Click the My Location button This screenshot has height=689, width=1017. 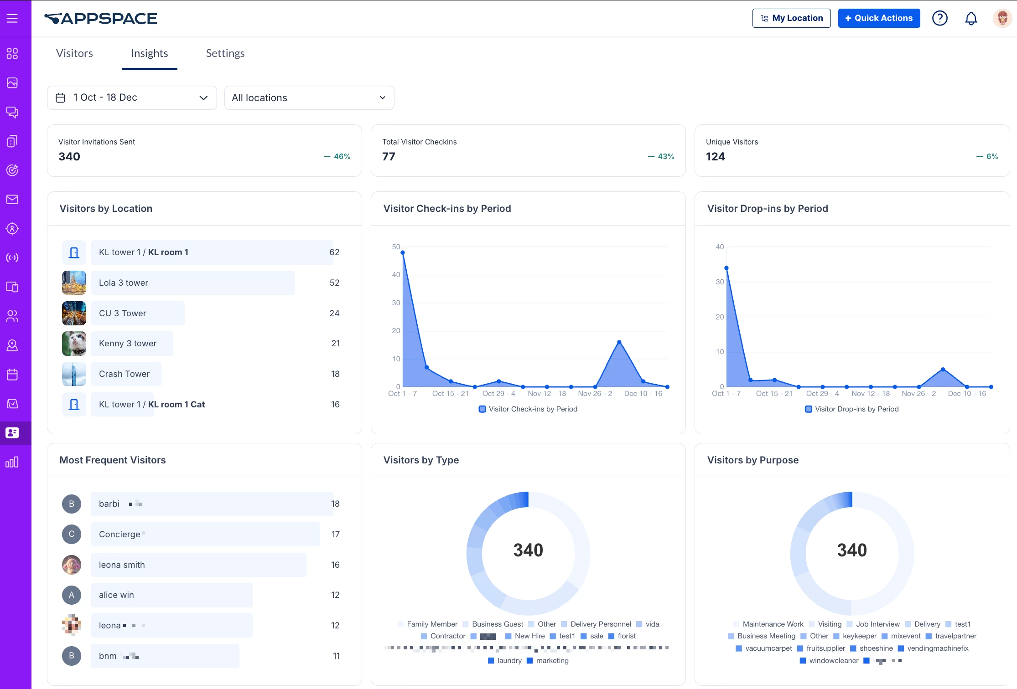(x=791, y=18)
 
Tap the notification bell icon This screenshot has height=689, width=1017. (x=971, y=18)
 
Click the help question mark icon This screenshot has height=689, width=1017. (x=939, y=18)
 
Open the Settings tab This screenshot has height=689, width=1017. (x=225, y=53)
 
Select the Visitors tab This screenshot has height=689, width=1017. (x=74, y=53)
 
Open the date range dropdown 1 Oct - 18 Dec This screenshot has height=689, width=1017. (x=132, y=98)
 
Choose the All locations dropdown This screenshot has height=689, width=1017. (x=309, y=98)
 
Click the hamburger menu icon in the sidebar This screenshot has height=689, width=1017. (x=12, y=18)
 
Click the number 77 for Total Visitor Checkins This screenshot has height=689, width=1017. (x=389, y=157)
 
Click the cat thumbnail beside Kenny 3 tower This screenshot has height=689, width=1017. (x=74, y=344)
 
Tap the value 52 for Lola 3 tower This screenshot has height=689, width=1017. (x=334, y=283)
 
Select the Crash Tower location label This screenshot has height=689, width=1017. (x=124, y=374)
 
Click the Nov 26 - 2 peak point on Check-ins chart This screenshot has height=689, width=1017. (x=619, y=342)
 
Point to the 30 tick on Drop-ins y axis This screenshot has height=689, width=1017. (x=720, y=282)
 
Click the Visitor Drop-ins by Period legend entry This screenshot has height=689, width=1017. (x=852, y=409)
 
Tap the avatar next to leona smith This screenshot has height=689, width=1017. (x=72, y=565)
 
